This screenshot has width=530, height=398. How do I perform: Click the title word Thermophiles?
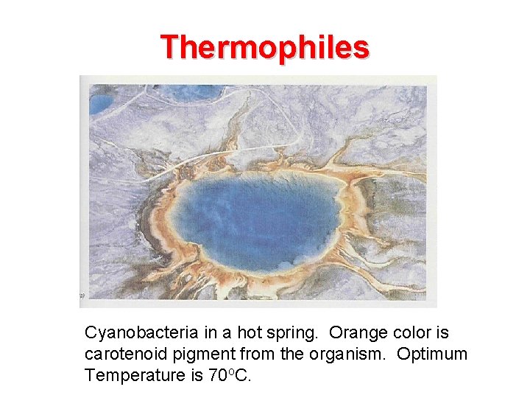(265, 47)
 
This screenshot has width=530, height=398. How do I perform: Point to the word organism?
(347, 355)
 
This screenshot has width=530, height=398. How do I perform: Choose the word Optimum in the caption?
(432, 355)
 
